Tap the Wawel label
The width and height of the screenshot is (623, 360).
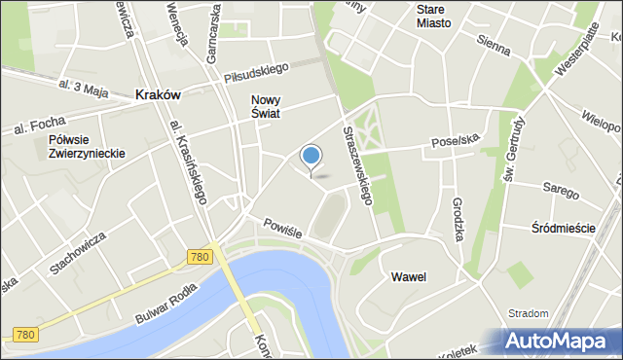(409, 277)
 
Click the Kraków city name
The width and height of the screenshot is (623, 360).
(157, 95)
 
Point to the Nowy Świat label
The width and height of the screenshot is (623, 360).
(266, 106)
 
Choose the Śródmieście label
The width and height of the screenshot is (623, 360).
(564, 228)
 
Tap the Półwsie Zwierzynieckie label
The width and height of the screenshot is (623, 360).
(87, 147)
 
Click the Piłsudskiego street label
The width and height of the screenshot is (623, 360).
(258, 71)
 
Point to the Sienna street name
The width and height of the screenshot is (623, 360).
(495, 41)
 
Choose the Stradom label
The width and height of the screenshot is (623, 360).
(529, 313)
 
